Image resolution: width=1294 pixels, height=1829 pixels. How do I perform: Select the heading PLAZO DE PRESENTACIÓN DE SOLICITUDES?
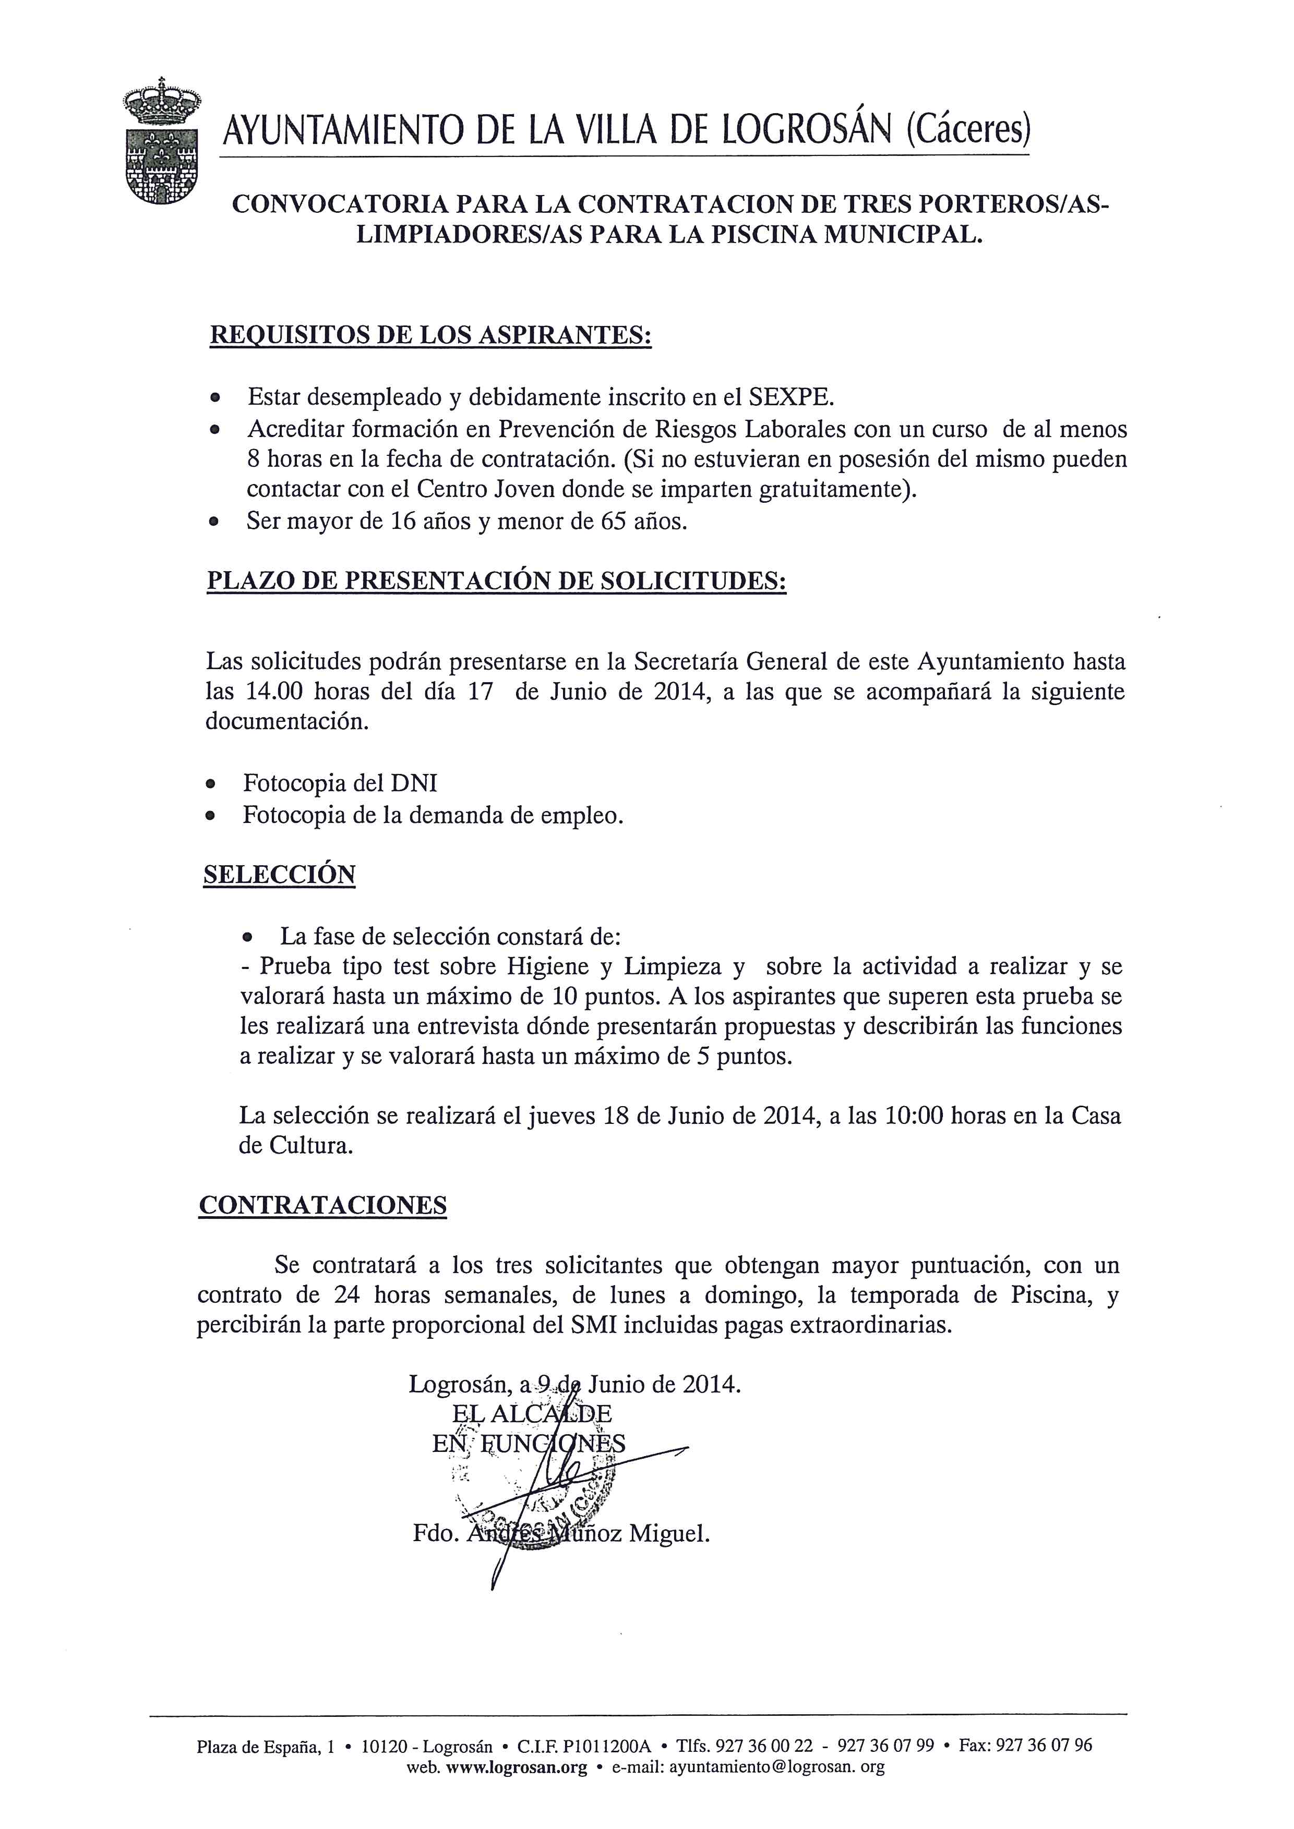coord(496,581)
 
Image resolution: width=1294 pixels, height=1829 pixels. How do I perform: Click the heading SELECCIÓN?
coord(279,875)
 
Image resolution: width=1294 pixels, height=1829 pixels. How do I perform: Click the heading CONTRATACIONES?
coord(322,1205)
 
